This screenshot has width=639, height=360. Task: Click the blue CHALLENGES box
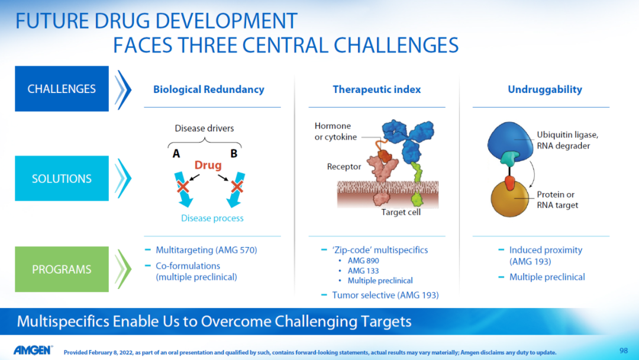62,88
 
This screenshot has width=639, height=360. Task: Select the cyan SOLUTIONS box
62,178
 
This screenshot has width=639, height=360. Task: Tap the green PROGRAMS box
62,269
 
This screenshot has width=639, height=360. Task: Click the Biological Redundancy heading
209,89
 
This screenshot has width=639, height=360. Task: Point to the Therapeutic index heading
376,89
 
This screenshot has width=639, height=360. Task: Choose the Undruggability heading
545,89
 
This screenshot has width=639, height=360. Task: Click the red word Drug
208,165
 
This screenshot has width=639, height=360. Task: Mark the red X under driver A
183,187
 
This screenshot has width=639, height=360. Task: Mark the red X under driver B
237,187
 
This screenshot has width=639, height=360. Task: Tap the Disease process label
212,218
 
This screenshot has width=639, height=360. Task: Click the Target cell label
401,212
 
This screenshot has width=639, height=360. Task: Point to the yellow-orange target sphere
509,200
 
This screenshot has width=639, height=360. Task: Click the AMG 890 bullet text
363,261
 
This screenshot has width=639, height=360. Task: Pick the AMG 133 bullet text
363,271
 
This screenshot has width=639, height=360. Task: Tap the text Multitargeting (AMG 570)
206,250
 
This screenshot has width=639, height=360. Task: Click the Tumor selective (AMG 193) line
385,295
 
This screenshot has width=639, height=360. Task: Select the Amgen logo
33,350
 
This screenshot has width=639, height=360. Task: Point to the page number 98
624,351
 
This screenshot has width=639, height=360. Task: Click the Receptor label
344,166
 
